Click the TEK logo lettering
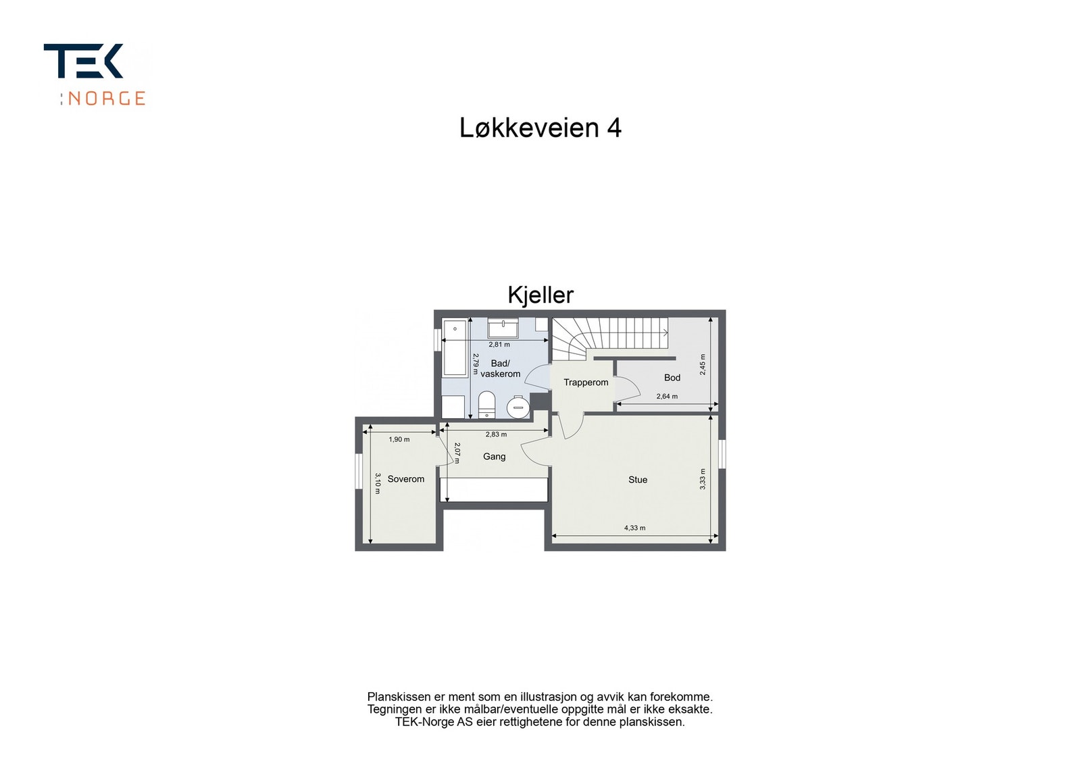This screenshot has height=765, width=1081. (83, 61)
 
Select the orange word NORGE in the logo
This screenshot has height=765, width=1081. (107, 99)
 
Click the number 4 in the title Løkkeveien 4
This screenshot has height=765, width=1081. (613, 128)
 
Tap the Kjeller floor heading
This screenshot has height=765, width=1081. (540, 295)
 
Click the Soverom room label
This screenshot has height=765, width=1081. (405, 479)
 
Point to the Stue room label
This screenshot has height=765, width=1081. (637, 480)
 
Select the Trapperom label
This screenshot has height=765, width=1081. (586, 382)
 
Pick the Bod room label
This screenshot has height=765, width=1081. (672, 378)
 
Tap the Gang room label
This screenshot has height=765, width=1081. (494, 457)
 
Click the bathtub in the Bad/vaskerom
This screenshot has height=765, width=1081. (455, 348)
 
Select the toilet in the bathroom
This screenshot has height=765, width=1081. (486, 404)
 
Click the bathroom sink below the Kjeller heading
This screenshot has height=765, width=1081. (503, 328)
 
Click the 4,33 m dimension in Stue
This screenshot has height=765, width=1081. (634, 528)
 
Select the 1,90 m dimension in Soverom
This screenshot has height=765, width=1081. (399, 439)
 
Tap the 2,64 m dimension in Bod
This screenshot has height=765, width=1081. (666, 397)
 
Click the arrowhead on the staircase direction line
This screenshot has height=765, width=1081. (665, 332)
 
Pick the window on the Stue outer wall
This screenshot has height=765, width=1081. (722, 453)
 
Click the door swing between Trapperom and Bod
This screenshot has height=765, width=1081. (628, 387)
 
